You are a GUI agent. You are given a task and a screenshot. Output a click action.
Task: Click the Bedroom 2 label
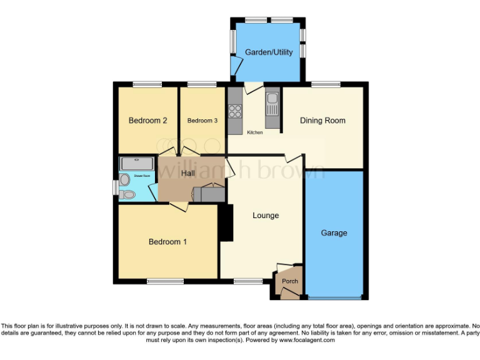tap(147, 121)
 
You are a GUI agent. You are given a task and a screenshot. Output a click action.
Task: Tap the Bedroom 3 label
tap(202, 121)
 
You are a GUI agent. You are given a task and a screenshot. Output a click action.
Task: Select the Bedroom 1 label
tap(167, 242)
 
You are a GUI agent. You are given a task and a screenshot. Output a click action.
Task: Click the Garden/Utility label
tap(269, 52)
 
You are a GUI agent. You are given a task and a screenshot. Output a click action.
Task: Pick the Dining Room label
tap(322, 121)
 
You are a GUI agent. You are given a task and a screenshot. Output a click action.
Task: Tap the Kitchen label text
tap(255, 132)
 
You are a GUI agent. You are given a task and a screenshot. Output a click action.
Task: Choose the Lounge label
tap(266, 216)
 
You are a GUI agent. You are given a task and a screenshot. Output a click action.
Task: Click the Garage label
tap(334, 233)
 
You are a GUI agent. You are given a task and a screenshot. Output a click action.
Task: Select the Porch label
tap(290, 281)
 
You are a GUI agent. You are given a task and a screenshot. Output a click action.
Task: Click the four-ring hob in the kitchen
tap(236, 111)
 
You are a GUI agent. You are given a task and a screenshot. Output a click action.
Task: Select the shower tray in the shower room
tap(137, 164)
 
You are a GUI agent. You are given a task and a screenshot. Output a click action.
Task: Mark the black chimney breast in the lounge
tap(225, 222)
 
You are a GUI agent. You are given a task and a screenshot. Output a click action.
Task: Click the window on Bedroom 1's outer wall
tap(165, 281)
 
